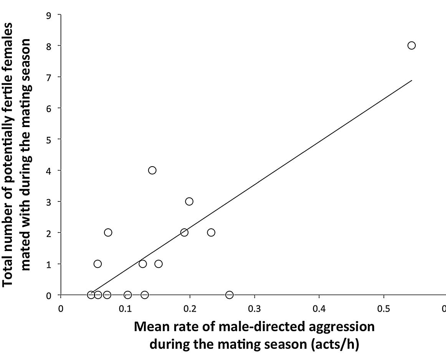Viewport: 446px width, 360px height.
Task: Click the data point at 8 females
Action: (411, 45)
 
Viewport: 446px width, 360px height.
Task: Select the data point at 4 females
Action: (152, 170)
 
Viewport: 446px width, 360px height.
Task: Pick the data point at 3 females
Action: (189, 201)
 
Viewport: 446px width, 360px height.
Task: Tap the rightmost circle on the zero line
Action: (230, 295)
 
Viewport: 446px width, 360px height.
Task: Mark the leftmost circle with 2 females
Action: (108, 232)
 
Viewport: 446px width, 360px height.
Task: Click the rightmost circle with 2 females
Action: (211, 232)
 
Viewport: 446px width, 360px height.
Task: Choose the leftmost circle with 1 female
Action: (97, 264)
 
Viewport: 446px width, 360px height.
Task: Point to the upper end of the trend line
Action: (411, 81)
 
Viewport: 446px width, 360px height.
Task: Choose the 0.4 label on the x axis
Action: (319, 309)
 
